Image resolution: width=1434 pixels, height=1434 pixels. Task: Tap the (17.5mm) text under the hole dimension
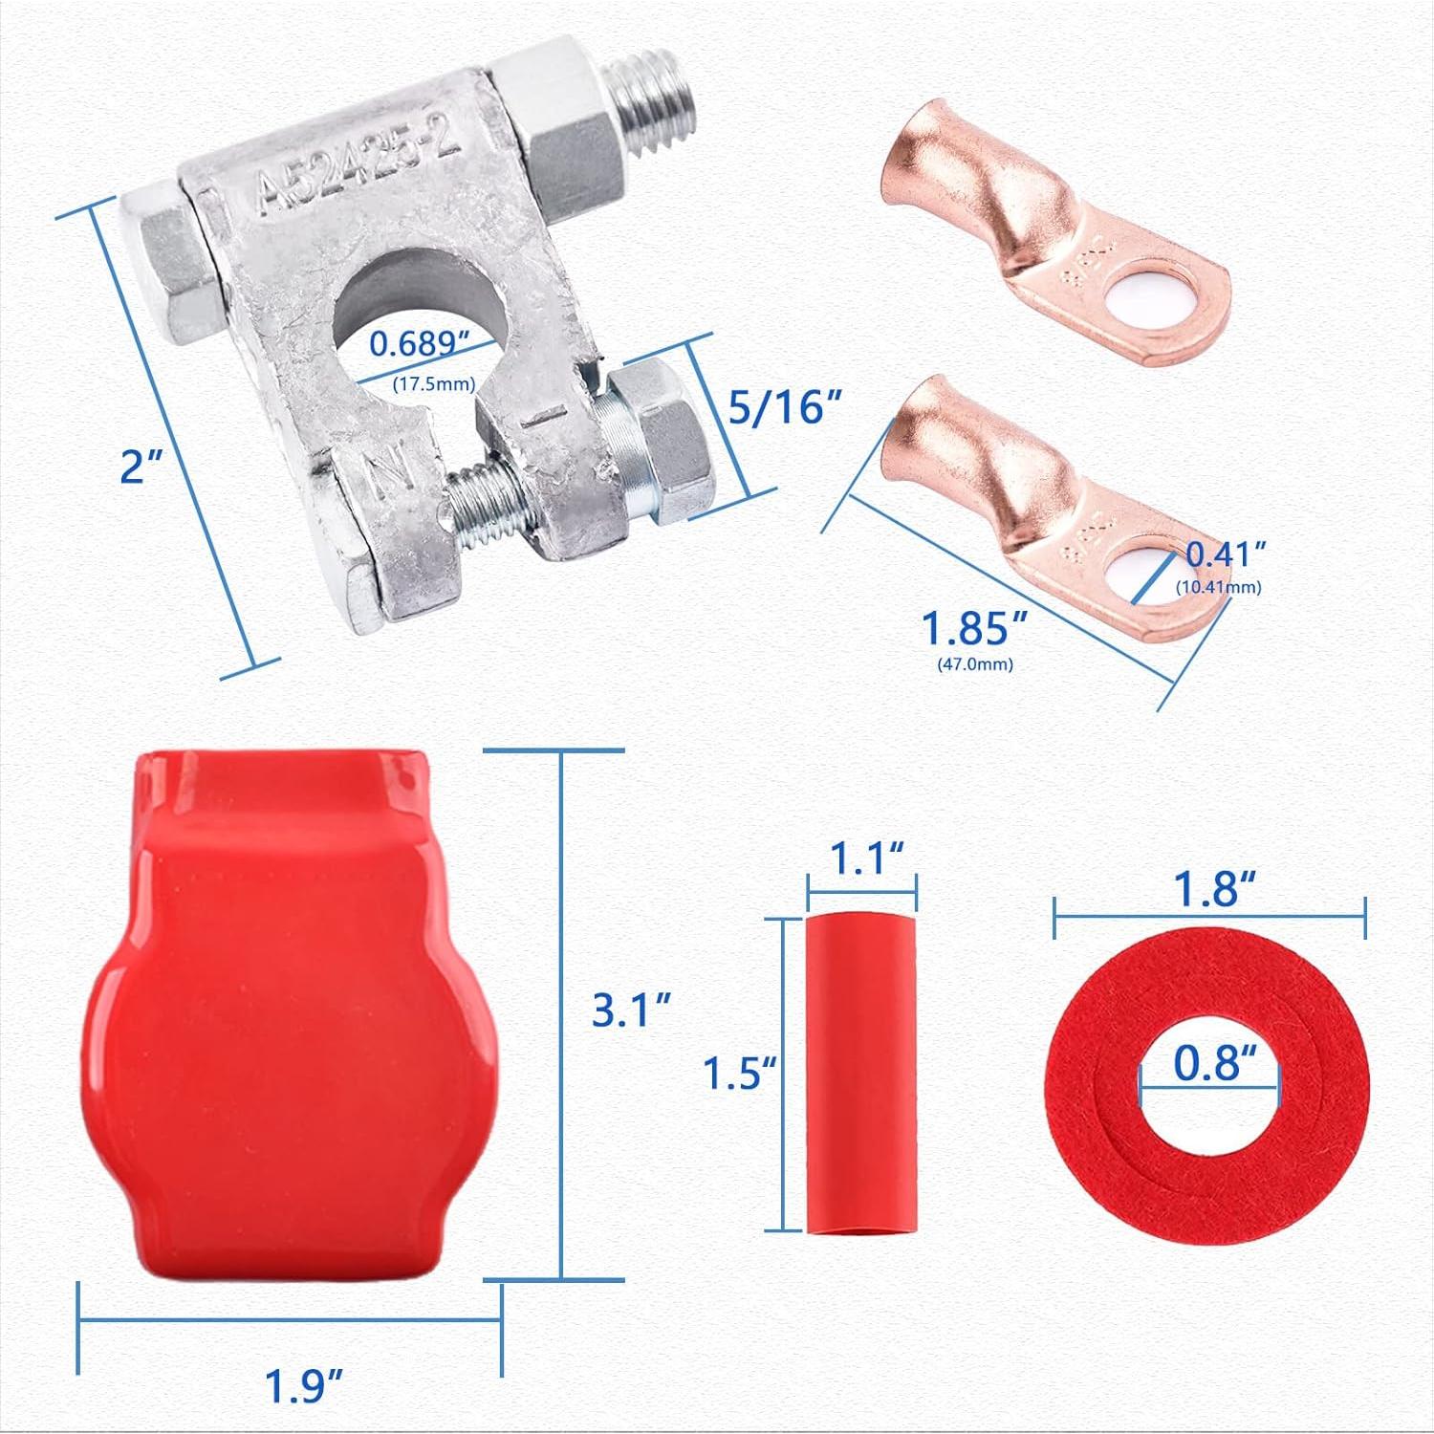434,384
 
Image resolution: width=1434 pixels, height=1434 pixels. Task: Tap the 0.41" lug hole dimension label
1226,554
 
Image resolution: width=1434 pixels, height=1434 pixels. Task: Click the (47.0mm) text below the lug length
974,663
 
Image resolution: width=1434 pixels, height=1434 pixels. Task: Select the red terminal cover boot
287,1013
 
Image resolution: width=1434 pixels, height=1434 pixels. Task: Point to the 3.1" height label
631,1010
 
